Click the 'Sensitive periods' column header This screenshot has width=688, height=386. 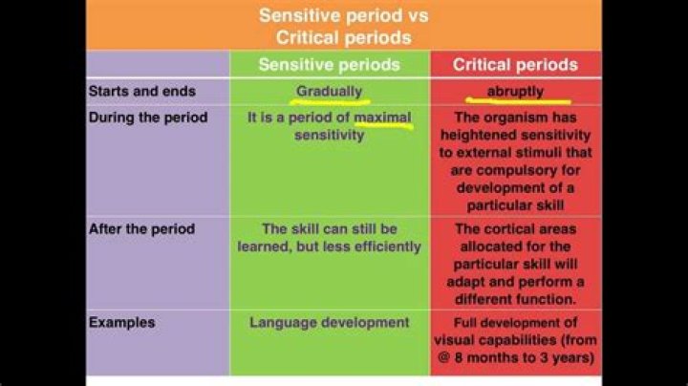pyautogui.click(x=330, y=65)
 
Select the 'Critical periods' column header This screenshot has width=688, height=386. pyautogui.click(x=515, y=65)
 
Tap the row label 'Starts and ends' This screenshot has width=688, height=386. pyautogui.click(x=141, y=92)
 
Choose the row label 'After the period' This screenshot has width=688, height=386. pyautogui.click(x=141, y=229)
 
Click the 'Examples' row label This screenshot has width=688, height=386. pyautogui.click(x=121, y=322)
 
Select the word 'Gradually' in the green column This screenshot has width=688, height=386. pyautogui.click(x=330, y=92)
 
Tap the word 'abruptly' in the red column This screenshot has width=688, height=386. pyautogui.click(x=515, y=92)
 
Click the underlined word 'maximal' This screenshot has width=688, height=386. pyautogui.click(x=382, y=118)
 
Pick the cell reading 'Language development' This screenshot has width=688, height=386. pyautogui.click(x=330, y=322)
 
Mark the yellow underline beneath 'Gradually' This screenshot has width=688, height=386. pyautogui.click(x=330, y=101)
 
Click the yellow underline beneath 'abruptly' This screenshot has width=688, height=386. pyautogui.click(x=517, y=100)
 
